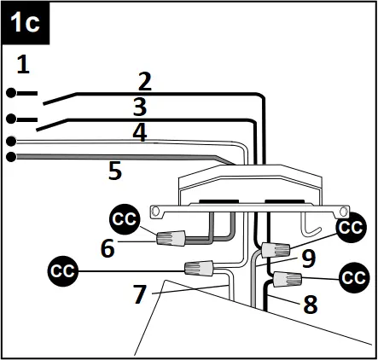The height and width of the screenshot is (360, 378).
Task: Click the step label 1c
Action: click(x=26, y=23)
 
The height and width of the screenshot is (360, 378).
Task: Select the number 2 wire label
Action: click(x=144, y=82)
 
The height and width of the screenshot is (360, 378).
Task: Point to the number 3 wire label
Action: click(x=139, y=107)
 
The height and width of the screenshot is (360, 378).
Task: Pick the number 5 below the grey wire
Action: click(x=114, y=171)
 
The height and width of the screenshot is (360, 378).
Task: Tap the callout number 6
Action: click(x=108, y=248)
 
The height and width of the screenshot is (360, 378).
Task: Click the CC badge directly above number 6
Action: click(x=125, y=219)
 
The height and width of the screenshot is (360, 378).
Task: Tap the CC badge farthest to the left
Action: click(x=61, y=271)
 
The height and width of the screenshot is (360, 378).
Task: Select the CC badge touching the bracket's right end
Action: click(x=351, y=228)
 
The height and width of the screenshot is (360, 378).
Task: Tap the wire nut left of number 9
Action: click(x=275, y=250)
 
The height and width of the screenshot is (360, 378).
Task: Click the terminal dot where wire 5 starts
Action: click(x=11, y=156)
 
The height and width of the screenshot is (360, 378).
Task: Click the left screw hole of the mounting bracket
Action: click(x=155, y=210)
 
